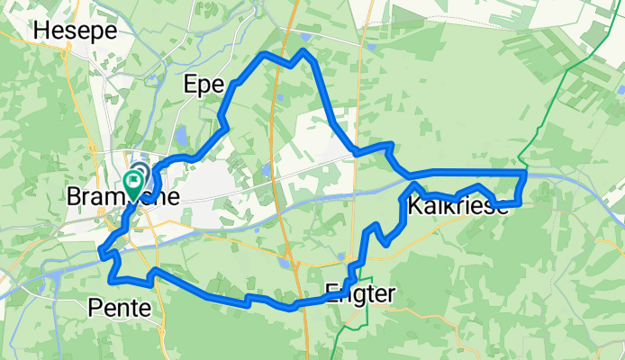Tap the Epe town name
click(203, 85)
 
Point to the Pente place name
click(120, 309)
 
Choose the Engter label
click(359, 291)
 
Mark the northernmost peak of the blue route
click(304, 50)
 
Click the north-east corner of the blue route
click(523, 172)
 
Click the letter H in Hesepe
click(41, 30)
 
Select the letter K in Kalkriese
click(413, 207)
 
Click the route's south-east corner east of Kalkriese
click(520, 203)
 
